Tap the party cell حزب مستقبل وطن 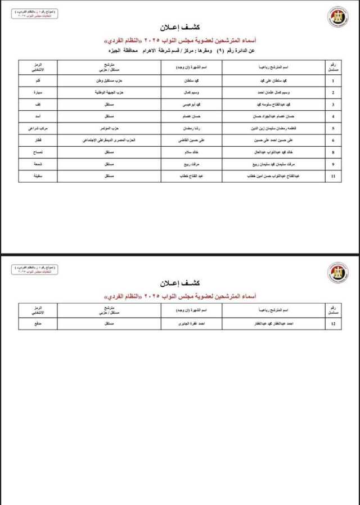click(x=106, y=79)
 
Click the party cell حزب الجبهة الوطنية click(x=106, y=91)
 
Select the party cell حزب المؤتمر click(x=106, y=128)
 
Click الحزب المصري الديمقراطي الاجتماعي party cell click(x=106, y=140)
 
